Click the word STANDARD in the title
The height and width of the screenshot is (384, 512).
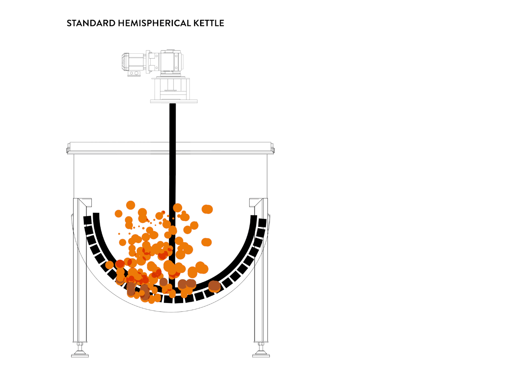click(91, 23)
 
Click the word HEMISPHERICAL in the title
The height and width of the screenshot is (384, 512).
click(154, 23)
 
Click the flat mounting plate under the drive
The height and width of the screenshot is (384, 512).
click(174, 101)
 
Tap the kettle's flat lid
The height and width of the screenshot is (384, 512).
click(171, 148)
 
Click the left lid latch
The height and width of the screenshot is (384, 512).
click(68, 149)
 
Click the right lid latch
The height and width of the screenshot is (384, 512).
click(272, 149)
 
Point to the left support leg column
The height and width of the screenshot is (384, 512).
click(80, 271)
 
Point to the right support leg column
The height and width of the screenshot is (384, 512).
click(261, 271)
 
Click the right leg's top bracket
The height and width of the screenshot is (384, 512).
click(255, 202)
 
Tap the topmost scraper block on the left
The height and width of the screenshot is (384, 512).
click(87, 220)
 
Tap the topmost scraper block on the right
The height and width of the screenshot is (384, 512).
click(262, 223)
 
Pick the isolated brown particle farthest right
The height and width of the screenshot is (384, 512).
click(214, 286)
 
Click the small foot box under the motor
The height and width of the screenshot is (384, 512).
click(134, 74)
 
